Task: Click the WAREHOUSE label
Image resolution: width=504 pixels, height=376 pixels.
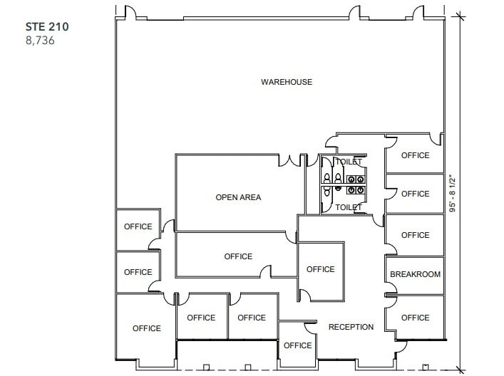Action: click(286, 82)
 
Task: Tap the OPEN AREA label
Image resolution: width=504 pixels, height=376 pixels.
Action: click(238, 197)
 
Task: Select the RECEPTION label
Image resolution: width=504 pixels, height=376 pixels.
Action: click(351, 327)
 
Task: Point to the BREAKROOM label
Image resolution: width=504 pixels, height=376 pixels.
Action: click(415, 274)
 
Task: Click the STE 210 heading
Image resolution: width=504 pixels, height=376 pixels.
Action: click(48, 26)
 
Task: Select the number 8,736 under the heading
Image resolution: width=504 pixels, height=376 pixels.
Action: click(40, 41)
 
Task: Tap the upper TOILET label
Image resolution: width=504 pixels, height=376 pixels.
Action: click(349, 162)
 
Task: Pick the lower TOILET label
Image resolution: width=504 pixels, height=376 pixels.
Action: click(349, 207)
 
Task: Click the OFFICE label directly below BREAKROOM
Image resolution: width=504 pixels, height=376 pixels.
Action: click(415, 318)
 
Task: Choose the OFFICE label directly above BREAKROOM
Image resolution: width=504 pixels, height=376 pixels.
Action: click(415, 235)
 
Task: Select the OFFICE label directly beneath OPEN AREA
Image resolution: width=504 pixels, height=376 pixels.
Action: click(238, 256)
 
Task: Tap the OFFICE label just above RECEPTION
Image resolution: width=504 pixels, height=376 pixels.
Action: click(320, 269)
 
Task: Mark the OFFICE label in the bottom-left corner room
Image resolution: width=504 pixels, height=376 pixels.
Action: click(146, 328)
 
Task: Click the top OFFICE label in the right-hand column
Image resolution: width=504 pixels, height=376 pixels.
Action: click(415, 155)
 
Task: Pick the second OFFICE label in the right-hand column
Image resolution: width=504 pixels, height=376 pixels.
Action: click(415, 194)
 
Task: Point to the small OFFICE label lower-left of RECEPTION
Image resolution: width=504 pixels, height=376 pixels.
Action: click(297, 345)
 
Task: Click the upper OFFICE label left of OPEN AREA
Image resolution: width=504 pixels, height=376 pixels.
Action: click(138, 226)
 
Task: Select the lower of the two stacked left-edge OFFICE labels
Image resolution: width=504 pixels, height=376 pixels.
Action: click(138, 272)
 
